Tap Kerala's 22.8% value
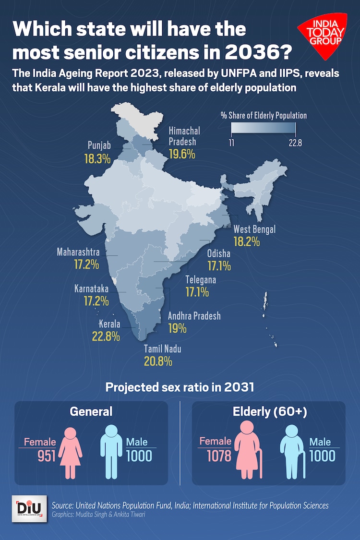[106, 336]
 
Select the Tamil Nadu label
[163, 349]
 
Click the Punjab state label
[99, 145]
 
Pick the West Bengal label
[254, 229]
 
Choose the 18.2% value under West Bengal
[247, 241]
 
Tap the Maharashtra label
[78, 252]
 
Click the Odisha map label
[218, 253]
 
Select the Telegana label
[201, 280]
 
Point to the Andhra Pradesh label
[194, 316]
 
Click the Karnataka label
[91, 289]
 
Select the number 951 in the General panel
[47, 456]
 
